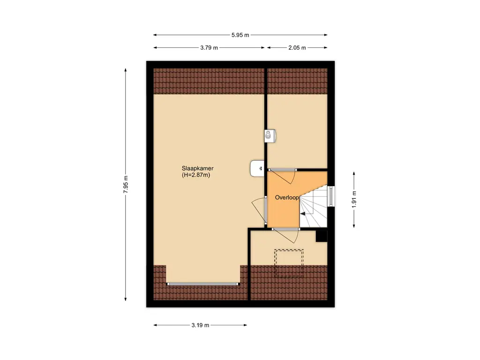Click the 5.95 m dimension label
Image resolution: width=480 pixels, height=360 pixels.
click(240, 35)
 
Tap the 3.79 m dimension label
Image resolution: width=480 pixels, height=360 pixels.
click(209, 48)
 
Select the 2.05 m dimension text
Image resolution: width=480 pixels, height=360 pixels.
click(297, 48)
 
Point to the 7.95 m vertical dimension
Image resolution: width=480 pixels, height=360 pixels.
click(126, 184)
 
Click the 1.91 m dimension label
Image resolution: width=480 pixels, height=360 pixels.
click(354, 199)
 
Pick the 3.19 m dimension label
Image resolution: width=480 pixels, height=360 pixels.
click(200, 325)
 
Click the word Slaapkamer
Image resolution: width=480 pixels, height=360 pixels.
click(197, 168)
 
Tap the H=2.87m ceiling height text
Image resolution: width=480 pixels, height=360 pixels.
click(196, 175)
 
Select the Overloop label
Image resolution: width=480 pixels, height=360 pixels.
click(286, 197)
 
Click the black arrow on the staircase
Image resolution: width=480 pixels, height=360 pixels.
click(303, 214)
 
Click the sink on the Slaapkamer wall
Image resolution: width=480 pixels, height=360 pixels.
click(257, 168)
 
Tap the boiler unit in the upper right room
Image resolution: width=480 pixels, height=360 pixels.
click(270, 136)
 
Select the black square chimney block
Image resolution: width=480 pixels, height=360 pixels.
click(322, 236)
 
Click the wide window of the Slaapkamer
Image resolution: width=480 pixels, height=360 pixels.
click(202, 284)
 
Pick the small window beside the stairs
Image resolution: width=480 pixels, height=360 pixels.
click(331, 196)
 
